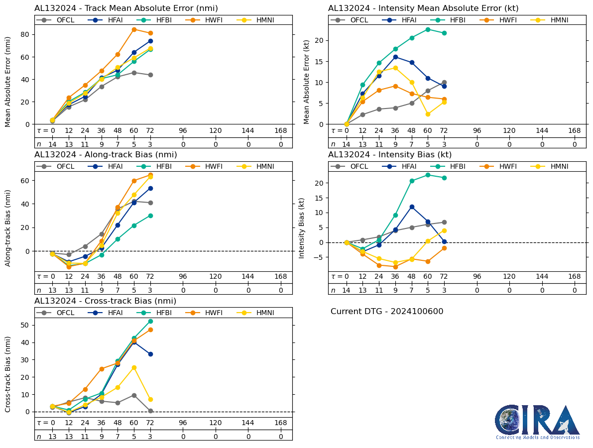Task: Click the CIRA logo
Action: pyautogui.click(x=537, y=421)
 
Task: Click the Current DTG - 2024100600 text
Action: pyautogui.click(x=387, y=312)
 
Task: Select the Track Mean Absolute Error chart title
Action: pyautogui.click(x=126, y=8)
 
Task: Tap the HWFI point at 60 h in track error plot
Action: pyautogui.click(x=134, y=29)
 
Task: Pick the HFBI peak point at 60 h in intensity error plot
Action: pyautogui.click(x=428, y=29)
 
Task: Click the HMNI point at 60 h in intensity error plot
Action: pyautogui.click(x=428, y=114)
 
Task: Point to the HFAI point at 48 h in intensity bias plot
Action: pyautogui.click(x=412, y=207)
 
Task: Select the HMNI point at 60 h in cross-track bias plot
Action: pyautogui.click(x=134, y=367)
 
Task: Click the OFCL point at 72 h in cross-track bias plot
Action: pyautogui.click(x=150, y=411)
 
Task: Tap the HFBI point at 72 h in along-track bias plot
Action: pyautogui.click(x=150, y=216)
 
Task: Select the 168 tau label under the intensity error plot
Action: pyautogui.click(x=575, y=131)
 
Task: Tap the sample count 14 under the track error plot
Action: pyautogui.click(x=52, y=144)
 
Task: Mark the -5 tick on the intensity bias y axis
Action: pyautogui.click(x=319, y=257)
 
